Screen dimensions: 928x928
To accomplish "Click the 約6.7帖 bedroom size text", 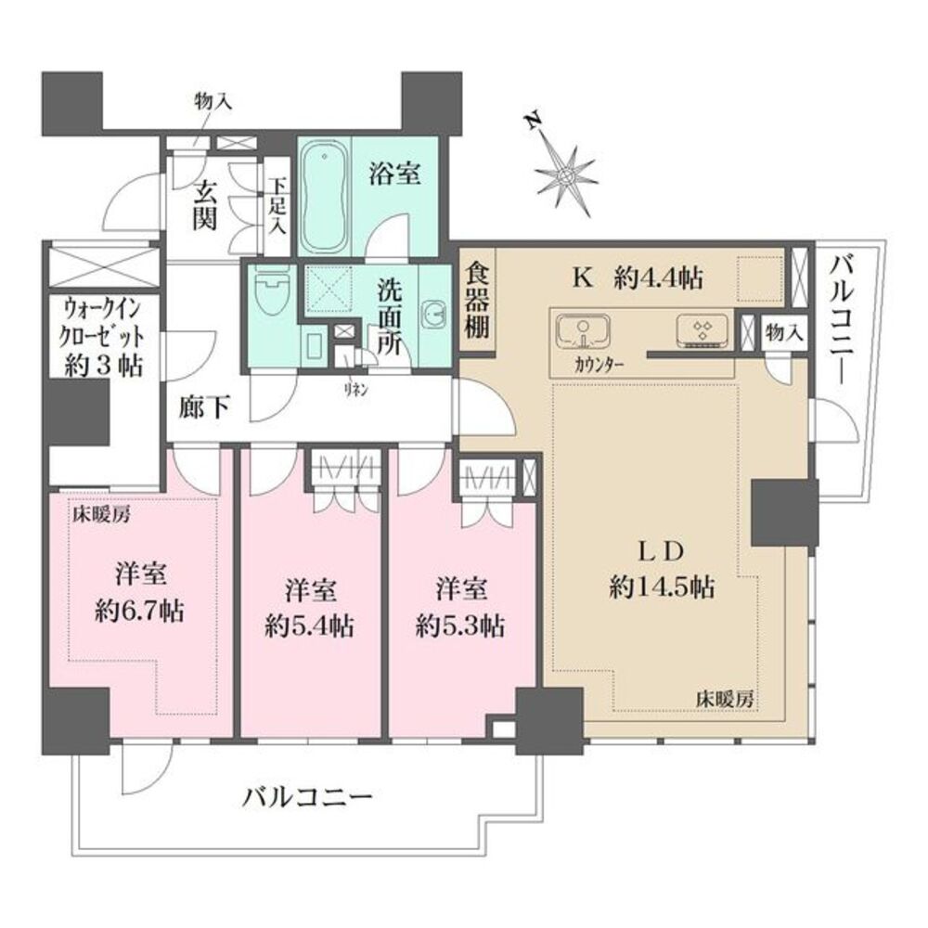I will point(140,611).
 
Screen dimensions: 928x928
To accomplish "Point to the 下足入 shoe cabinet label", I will point(277,208).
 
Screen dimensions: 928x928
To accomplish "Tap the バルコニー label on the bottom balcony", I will point(308,795).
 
